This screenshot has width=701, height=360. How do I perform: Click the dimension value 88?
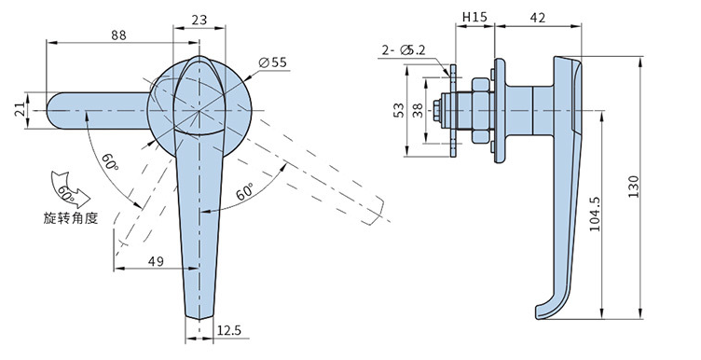[x=119, y=35]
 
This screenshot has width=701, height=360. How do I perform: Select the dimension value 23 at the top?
[x=199, y=21]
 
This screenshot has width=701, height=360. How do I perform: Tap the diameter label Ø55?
[x=273, y=62]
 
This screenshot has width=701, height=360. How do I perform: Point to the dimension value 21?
[x=21, y=110]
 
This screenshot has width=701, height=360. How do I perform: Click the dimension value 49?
[x=156, y=262]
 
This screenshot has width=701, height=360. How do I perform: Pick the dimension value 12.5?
[x=229, y=330]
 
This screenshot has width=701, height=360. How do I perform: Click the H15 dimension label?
[x=474, y=18]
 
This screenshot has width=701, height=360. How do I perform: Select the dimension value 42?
[x=537, y=18]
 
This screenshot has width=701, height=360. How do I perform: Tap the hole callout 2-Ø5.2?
[x=403, y=50]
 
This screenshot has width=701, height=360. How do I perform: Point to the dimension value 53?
[x=398, y=110]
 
